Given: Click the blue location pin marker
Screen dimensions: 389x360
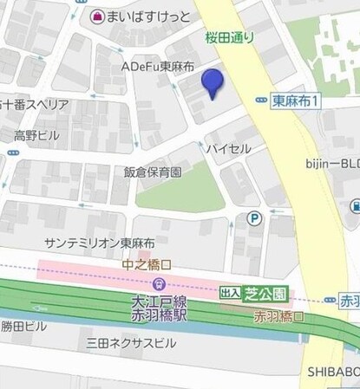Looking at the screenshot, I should click(x=212, y=84).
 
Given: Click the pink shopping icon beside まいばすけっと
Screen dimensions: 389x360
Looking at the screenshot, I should click(x=97, y=16).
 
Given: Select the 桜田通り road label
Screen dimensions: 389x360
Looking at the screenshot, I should click(x=231, y=37).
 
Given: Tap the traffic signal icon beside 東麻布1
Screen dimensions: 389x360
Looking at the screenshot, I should click(x=260, y=100).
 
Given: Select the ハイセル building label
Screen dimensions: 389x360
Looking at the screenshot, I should click(x=228, y=149).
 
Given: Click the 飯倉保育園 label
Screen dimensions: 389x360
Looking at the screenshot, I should click(x=153, y=172).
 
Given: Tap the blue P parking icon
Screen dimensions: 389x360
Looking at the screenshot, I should click(x=253, y=218).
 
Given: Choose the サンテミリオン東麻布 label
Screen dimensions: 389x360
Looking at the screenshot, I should click(x=100, y=243).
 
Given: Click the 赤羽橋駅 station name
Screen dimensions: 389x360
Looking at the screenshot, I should click(x=153, y=316).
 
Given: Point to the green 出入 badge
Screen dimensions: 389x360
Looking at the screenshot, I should click(x=229, y=293).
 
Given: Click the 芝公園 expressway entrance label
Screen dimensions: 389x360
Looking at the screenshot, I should click(x=260, y=293).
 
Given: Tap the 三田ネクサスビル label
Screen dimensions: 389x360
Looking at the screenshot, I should click(x=130, y=343).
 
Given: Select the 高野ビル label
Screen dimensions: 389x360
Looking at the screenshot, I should click(x=36, y=136).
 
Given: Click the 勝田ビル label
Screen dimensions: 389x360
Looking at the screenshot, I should click(x=24, y=327).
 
